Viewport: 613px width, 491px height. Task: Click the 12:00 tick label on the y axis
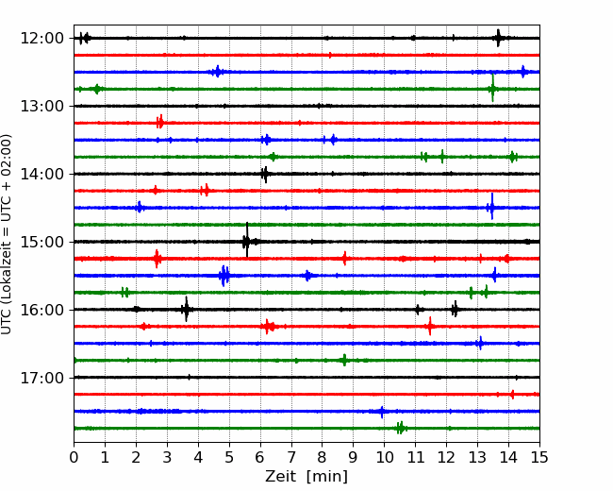coord(41,39)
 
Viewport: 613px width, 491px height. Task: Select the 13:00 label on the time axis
coord(41,106)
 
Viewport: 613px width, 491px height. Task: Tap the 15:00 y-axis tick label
coord(41,242)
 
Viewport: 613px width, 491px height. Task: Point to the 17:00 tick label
coord(41,378)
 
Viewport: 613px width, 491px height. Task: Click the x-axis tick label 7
coord(291,457)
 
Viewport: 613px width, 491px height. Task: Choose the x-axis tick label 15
coord(539,457)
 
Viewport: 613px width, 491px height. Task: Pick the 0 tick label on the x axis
coord(74,457)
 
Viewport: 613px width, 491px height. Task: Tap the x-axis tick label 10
coord(385,457)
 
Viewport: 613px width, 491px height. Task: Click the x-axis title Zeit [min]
coord(306,477)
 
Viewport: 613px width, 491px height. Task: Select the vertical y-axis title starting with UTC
coord(6,234)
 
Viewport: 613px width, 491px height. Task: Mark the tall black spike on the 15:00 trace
coord(247,240)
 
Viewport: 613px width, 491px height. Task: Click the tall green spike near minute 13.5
coord(492,88)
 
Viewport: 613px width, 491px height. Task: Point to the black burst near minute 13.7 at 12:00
coord(498,38)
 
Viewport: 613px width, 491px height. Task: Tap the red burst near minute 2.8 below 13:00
coord(160,122)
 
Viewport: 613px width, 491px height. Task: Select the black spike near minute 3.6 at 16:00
coord(186,309)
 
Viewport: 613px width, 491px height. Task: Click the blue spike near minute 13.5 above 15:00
coord(491,207)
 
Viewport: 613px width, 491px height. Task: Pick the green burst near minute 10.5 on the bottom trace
coord(401,428)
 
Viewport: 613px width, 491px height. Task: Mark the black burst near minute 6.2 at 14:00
coord(265,175)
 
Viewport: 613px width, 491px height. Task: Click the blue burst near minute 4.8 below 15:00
coord(224,276)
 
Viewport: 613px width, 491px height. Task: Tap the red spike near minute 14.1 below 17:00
coord(512,395)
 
